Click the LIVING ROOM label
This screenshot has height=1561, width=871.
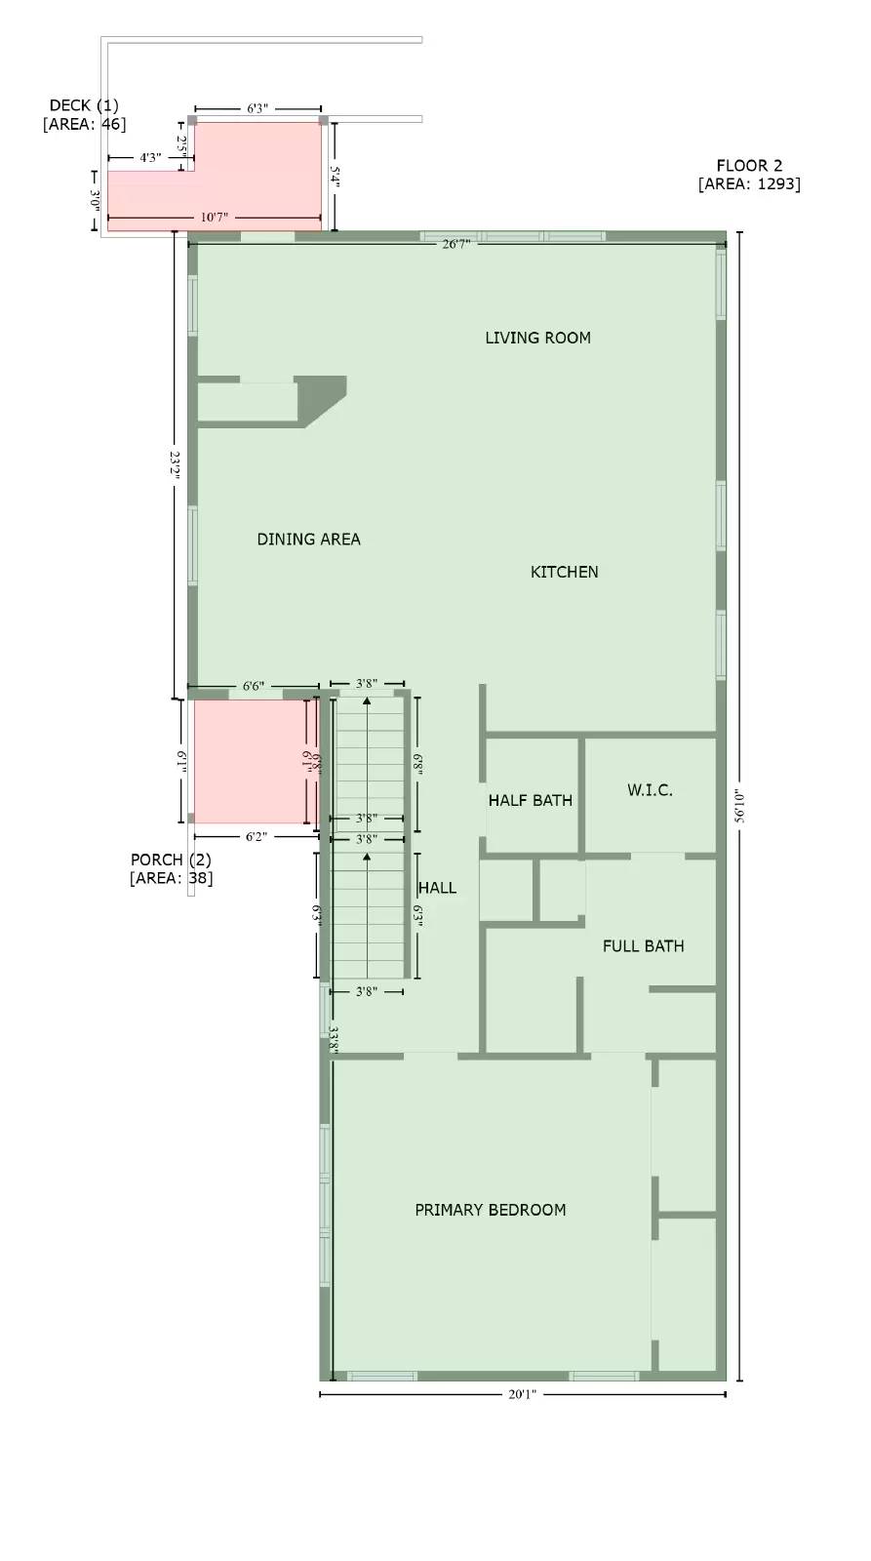tap(537, 338)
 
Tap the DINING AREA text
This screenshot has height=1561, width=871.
tap(308, 539)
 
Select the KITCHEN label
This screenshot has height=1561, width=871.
tap(564, 572)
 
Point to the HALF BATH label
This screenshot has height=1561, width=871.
tap(530, 800)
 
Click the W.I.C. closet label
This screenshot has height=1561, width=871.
tap(650, 789)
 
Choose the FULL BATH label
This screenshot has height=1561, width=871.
tap(643, 945)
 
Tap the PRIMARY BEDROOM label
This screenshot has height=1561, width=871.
tap(490, 1210)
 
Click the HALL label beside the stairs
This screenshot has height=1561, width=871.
tap(437, 888)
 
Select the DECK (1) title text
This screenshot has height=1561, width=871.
tap(84, 105)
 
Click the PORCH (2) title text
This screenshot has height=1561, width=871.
tap(171, 860)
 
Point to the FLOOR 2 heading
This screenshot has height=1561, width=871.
tap(749, 166)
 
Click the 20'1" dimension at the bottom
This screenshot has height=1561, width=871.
tap(522, 1394)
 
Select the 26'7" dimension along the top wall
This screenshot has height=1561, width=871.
tap(455, 244)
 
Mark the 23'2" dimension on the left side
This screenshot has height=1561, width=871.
tap(175, 464)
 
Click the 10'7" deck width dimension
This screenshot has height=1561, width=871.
tap(214, 217)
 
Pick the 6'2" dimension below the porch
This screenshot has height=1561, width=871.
tap(256, 836)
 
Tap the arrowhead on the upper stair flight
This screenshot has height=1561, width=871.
tap(367, 702)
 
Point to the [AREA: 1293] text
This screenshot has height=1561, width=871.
tap(749, 184)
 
